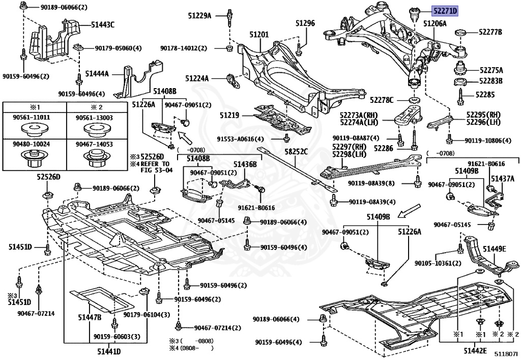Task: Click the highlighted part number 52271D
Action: [x=445, y=10]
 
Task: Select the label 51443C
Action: [x=103, y=24]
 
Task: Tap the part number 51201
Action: [x=259, y=34]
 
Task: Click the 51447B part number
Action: [x=90, y=318]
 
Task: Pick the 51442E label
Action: [x=475, y=351]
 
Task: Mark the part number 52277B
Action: [x=491, y=32]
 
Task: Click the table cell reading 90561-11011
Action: [x=34, y=118]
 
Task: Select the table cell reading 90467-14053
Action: [x=94, y=144]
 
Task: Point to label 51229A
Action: [x=198, y=16]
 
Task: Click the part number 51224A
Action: [x=197, y=78]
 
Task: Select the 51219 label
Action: [x=229, y=116]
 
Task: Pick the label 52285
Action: [x=485, y=94]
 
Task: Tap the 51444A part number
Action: [x=97, y=74]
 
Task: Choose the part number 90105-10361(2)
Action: [x=438, y=263]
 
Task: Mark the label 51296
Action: [x=305, y=23]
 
